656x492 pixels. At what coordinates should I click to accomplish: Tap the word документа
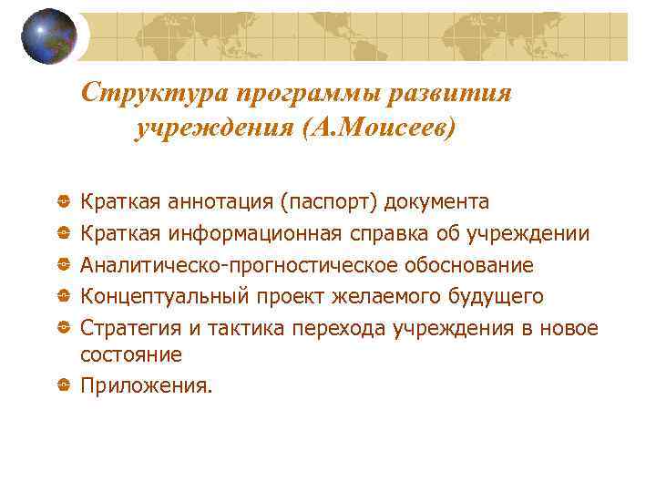coord(437,201)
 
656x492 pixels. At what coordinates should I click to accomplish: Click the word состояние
coord(131,355)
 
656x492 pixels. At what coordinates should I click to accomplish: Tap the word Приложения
coord(146,386)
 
